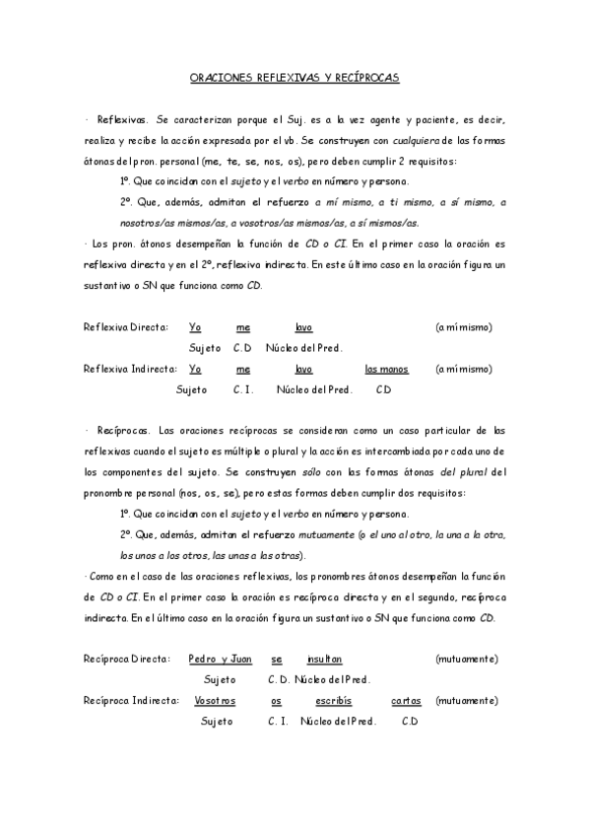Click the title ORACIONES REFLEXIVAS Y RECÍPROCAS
click(295, 76)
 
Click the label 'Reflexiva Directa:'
click(126, 327)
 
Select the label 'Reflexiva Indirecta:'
click(130, 369)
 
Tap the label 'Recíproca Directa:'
click(127, 659)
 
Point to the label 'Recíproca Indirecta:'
click(131, 701)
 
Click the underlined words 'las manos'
click(386, 369)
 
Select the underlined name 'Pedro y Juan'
click(221, 659)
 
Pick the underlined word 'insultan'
click(324, 659)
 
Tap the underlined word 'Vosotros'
click(215, 701)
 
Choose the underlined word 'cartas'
click(406, 701)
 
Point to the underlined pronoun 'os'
click(277, 701)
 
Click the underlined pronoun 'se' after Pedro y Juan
click(277, 659)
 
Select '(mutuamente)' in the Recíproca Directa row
click(466, 659)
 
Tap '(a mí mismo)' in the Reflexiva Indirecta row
click(463, 369)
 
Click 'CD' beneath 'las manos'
click(384, 389)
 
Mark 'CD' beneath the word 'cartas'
click(410, 722)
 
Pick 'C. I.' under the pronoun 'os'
click(278, 722)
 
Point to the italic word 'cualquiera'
click(406, 141)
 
